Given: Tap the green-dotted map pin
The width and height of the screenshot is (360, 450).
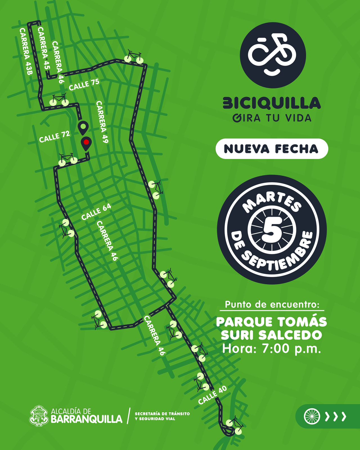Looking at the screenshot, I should coord(83,127).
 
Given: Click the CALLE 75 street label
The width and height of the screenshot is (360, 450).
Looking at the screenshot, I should coord(84,85).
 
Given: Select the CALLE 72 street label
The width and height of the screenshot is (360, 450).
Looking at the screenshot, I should coord(55,137).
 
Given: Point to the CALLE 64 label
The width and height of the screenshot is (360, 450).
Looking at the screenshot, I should coord(96,211).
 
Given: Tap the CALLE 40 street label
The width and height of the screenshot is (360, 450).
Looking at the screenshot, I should coord(212,395).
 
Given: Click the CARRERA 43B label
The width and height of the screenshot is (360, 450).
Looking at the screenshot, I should coord(26,51).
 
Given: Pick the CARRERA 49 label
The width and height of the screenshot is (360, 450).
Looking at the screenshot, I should coord(102,122).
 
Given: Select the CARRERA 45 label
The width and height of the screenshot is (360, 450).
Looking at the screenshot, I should coord(44,48).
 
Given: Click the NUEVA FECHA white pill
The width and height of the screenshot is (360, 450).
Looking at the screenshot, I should coord(272,149).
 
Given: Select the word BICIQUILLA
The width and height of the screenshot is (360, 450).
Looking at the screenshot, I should coord(272,103).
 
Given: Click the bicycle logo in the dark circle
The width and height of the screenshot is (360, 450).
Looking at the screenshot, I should coord(273,55).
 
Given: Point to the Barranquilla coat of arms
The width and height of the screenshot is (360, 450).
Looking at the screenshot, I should coord(39,416).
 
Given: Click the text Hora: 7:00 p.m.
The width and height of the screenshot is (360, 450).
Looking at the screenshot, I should coord(272,349).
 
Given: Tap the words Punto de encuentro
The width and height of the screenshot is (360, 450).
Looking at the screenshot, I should coord(272,305).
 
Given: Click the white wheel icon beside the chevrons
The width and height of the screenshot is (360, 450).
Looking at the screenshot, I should coord(312,416).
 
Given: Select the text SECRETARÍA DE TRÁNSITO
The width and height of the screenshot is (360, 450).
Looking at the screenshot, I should coord(162,414).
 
